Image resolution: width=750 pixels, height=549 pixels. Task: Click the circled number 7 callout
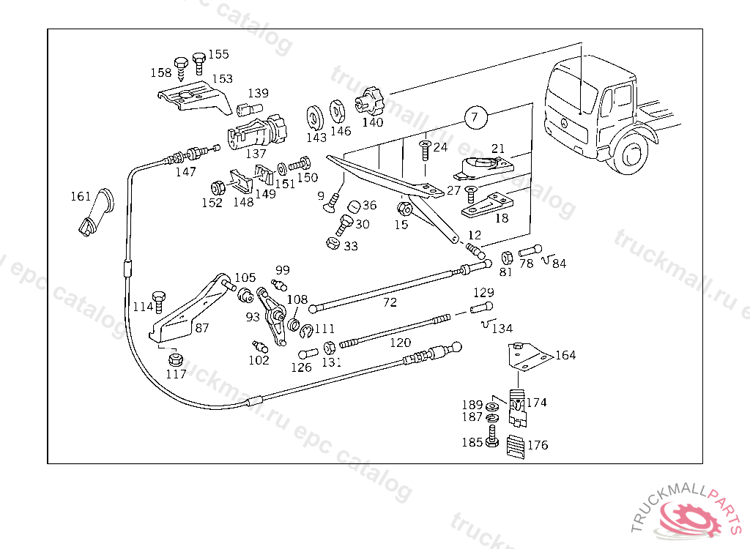click(475, 116)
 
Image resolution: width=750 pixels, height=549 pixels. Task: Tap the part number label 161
click(81, 196)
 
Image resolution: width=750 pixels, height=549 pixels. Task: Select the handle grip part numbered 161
click(95, 212)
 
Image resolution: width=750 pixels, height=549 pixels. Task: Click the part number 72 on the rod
click(390, 302)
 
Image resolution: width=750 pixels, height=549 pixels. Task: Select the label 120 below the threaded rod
click(400, 343)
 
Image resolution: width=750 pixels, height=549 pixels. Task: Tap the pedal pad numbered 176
click(516, 446)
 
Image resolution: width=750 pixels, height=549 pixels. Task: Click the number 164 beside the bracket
click(565, 356)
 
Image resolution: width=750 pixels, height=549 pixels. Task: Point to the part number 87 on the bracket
click(202, 328)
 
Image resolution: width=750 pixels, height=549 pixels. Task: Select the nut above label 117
click(175, 359)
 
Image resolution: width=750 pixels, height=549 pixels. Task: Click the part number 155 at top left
click(218, 54)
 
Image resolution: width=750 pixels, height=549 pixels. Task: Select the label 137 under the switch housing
click(256, 154)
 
